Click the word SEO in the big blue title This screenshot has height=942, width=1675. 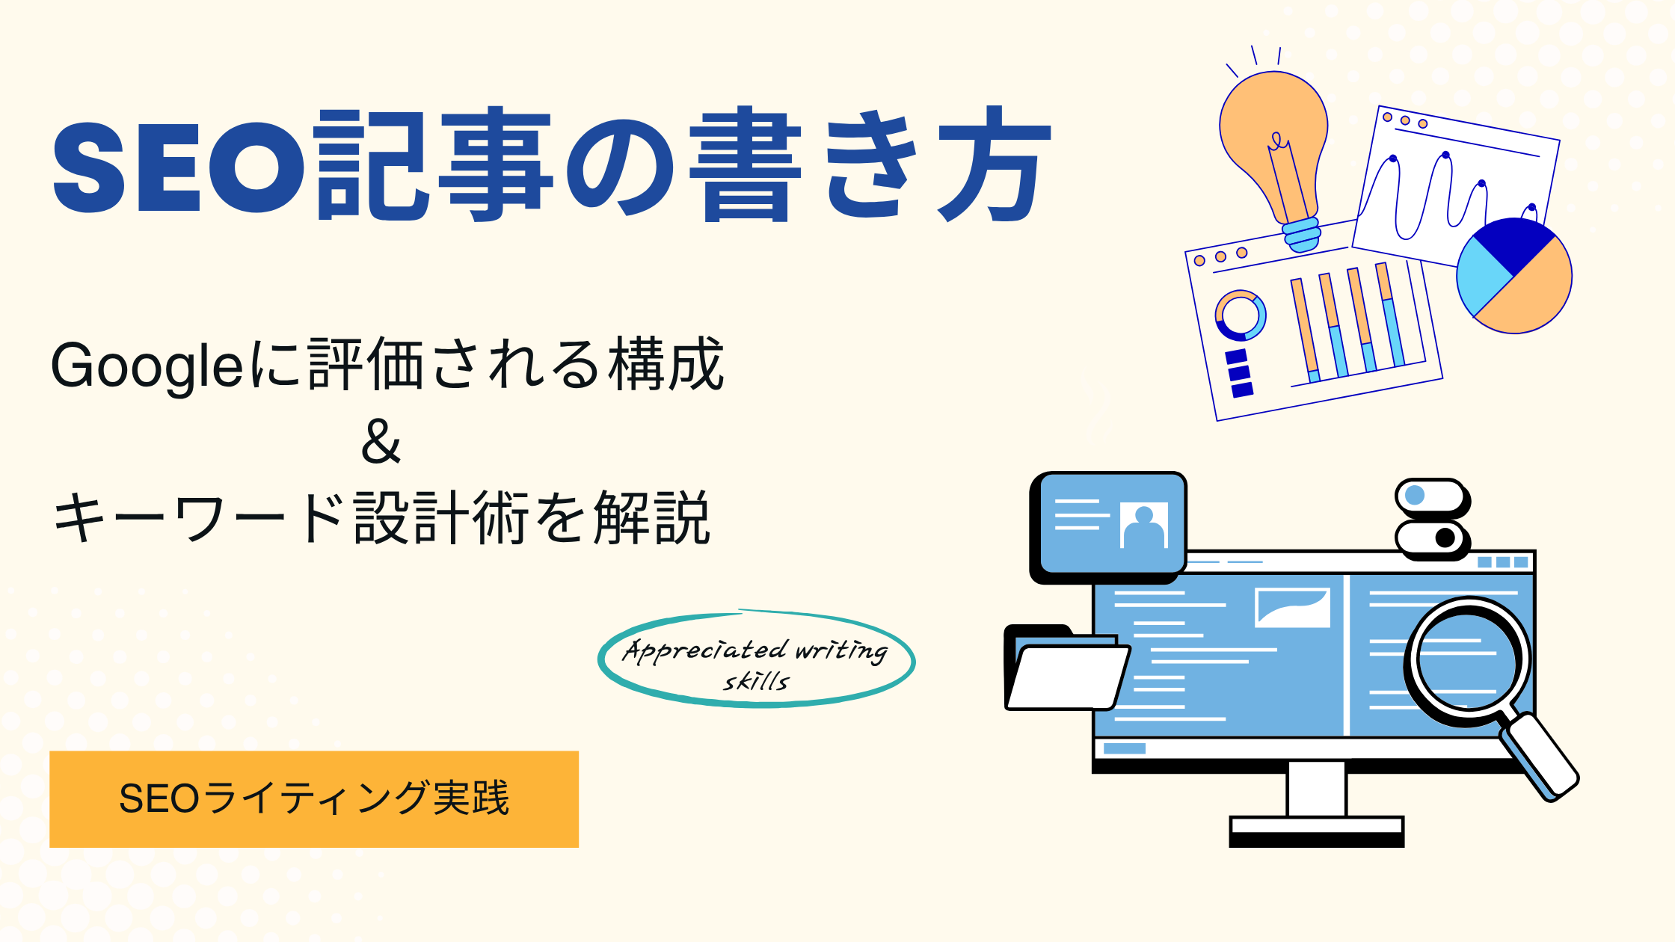(x=180, y=167)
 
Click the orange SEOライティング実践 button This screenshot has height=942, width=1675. (x=314, y=798)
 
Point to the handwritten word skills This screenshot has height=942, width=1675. (x=756, y=681)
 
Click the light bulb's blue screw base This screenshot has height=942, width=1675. (x=1302, y=234)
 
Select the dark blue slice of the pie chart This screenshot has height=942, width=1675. (x=1513, y=243)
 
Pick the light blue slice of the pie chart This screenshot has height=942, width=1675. (x=1482, y=277)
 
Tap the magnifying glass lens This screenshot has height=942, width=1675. (x=1467, y=662)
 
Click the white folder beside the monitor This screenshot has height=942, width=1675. (x=1066, y=669)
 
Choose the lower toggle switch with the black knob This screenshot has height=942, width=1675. (x=1431, y=538)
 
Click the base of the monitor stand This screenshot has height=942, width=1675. (x=1317, y=831)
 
